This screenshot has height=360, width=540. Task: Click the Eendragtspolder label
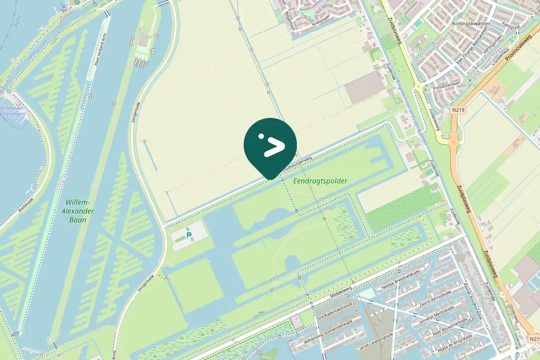(x=320, y=181)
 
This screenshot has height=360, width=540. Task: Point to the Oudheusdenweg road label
(x=297, y=165)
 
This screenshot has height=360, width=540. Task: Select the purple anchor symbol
(x=63, y=7)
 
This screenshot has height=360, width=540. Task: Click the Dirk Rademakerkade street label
(x=333, y=314)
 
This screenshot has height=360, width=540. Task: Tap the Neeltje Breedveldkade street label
(x=400, y=281)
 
